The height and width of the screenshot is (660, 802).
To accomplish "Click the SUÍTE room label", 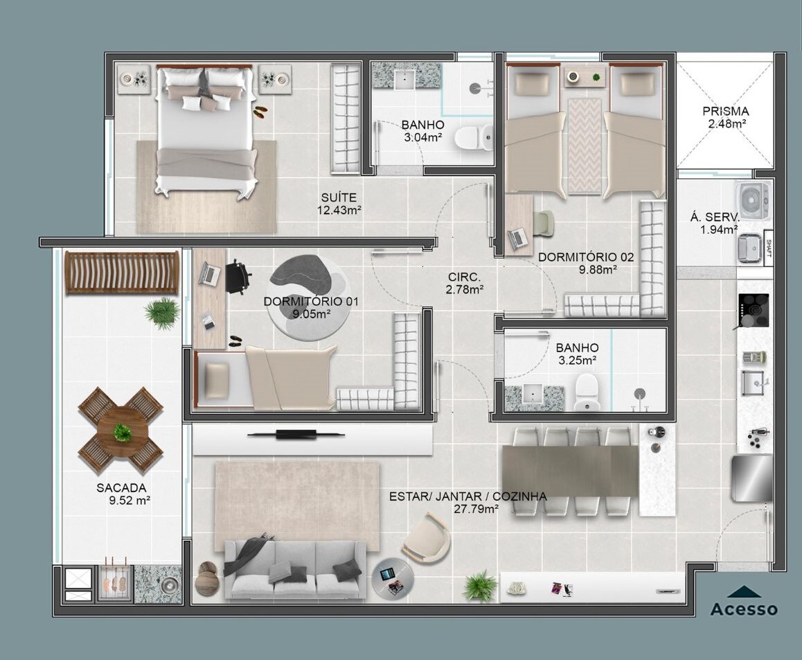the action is tap(339, 197).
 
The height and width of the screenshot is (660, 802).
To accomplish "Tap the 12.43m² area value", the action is tap(339, 210).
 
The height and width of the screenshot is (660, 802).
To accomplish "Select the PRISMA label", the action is tap(725, 111).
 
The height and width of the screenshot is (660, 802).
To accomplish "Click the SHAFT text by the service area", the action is tap(768, 249).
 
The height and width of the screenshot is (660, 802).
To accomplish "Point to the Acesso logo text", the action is tap(745, 609).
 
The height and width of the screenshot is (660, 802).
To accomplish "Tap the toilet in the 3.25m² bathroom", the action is tap(586, 392).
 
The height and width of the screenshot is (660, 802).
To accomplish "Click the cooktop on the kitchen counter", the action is tap(753, 311).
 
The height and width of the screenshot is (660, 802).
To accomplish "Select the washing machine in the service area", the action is tap(752, 200).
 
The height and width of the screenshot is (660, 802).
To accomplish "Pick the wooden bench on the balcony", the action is tap(122, 272).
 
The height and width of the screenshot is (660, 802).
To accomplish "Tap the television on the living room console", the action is tap(296, 435).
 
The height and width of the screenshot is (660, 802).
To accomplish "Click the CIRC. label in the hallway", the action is tap(465, 277).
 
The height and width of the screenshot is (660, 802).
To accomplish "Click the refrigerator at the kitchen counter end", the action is tap(752, 478).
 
